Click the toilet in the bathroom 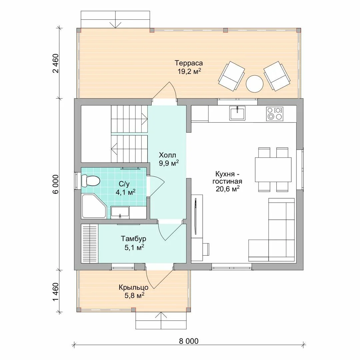pos(90,181)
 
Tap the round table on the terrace pos(254,84)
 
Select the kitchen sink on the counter pos(237,113)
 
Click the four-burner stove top pos(275,114)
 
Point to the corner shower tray pos(94,206)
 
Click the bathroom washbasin pos(120,212)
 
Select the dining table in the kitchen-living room pos(273,169)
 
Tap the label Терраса pos(189,63)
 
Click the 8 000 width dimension pos(189,341)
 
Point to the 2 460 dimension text pos(56,63)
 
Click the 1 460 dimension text pos(56,292)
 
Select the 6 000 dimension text pos(56,184)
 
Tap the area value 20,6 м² pos(228,189)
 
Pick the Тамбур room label pos(133,239)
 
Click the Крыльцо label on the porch pos(133,287)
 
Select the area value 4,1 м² pos(125,192)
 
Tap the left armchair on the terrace pos(231,76)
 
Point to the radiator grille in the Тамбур pos(90,243)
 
